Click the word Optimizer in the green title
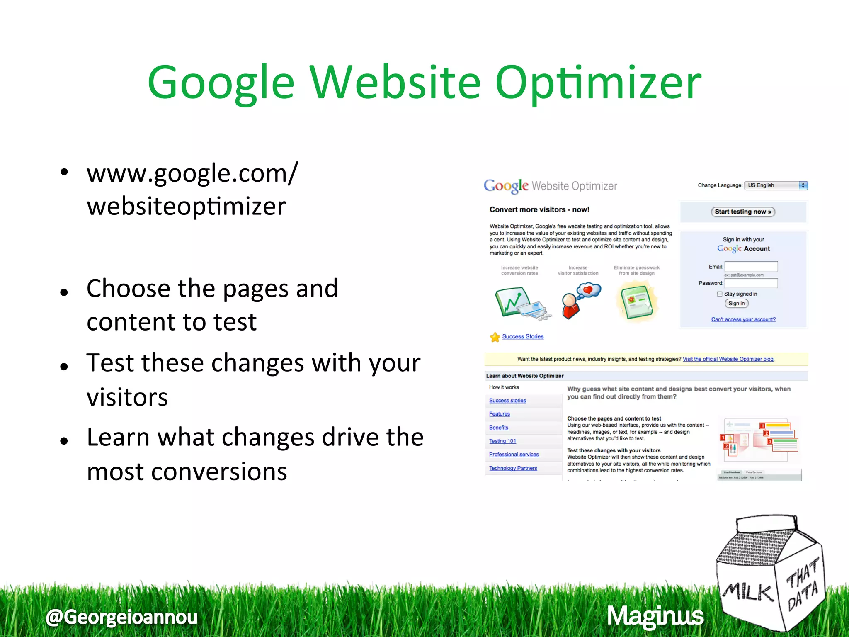pos(598,83)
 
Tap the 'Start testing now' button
pos(743,212)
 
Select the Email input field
pos(751,267)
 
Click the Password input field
pos(751,283)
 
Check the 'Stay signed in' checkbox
pos(720,294)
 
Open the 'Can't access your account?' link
pos(743,319)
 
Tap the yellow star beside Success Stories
pos(495,337)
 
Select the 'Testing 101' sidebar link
pos(502,441)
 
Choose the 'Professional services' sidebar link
pos(514,455)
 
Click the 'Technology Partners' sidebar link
pos(513,468)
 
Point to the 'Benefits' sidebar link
pos(498,428)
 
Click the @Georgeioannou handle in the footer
pos(121,617)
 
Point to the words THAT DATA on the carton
pos(802,585)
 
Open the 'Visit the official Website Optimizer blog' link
pos(728,359)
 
